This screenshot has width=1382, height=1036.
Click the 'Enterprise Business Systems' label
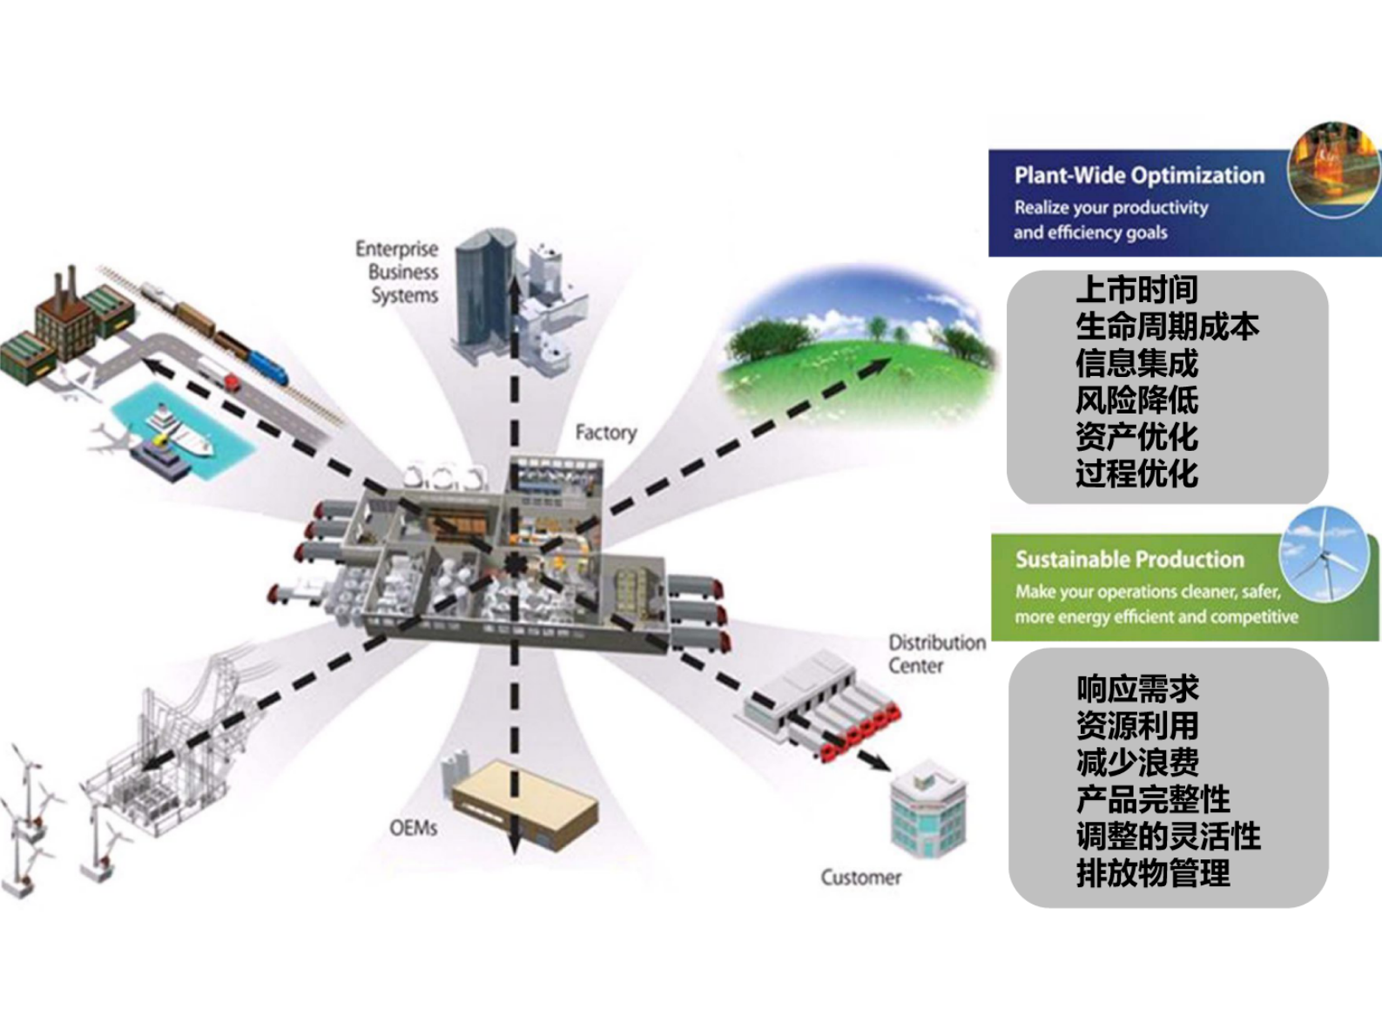pyautogui.click(x=397, y=272)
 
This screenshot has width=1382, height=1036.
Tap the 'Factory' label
pyautogui.click(x=606, y=432)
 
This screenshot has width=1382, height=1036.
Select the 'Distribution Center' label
pyautogui.click(x=936, y=654)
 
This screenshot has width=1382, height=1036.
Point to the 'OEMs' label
pyautogui.click(x=414, y=828)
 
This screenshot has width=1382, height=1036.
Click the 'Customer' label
pyautogui.click(x=860, y=878)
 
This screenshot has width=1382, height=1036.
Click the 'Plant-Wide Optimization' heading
pyautogui.click(x=1139, y=176)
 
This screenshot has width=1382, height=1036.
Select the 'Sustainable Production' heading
pyautogui.click(x=1129, y=560)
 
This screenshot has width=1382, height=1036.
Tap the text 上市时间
pyautogui.click(x=1136, y=289)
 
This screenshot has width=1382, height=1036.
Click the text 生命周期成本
pyautogui.click(x=1167, y=326)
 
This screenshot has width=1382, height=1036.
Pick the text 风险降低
pyautogui.click(x=1136, y=400)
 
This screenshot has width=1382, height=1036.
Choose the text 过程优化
pyautogui.click(x=1136, y=474)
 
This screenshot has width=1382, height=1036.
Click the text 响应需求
pyautogui.click(x=1137, y=689)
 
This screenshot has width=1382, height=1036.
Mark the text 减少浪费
pyautogui.click(x=1137, y=763)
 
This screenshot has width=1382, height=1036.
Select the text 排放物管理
pyautogui.click(x=1153, y=873)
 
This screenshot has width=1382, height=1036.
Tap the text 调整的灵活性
pyautogui.click(x=1168, y=837)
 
